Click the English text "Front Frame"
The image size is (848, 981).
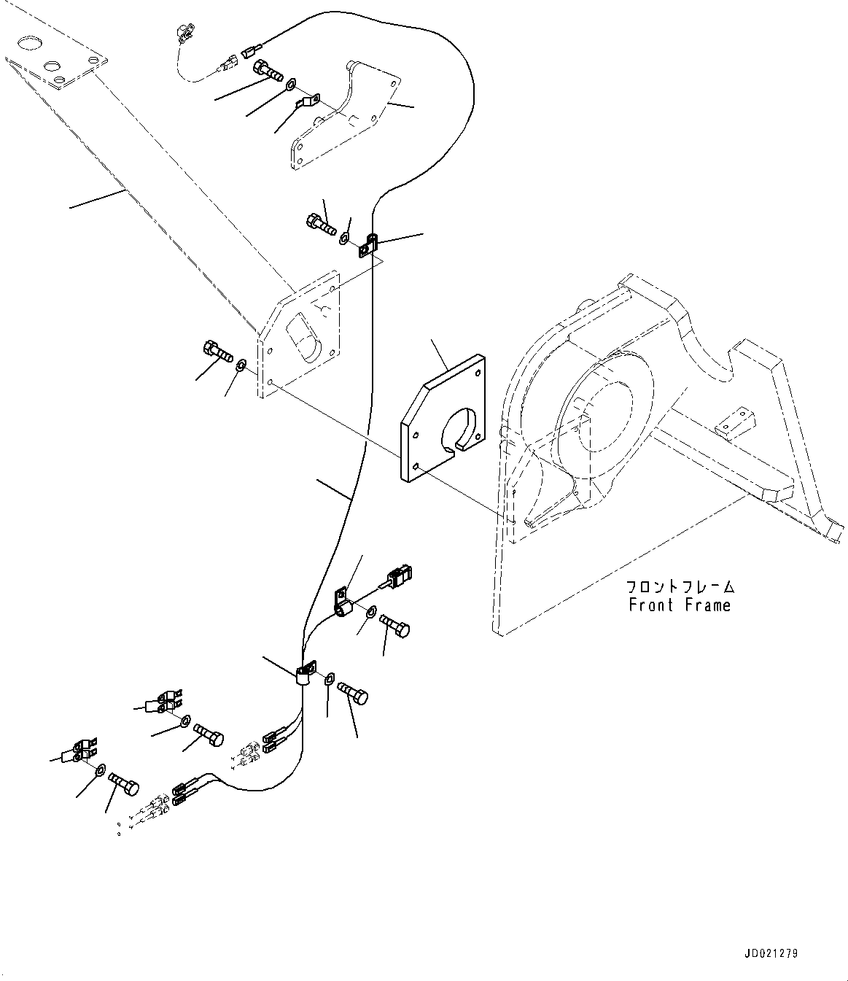pos(679,605)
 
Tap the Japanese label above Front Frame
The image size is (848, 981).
pos(679,586)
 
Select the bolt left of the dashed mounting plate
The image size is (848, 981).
pos(218,354)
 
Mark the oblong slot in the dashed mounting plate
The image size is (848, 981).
pos(305,338)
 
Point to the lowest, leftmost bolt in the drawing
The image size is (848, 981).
pos(125,787)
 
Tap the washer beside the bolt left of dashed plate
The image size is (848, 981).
pos(241,365)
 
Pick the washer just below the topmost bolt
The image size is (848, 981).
pos(290,85)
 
